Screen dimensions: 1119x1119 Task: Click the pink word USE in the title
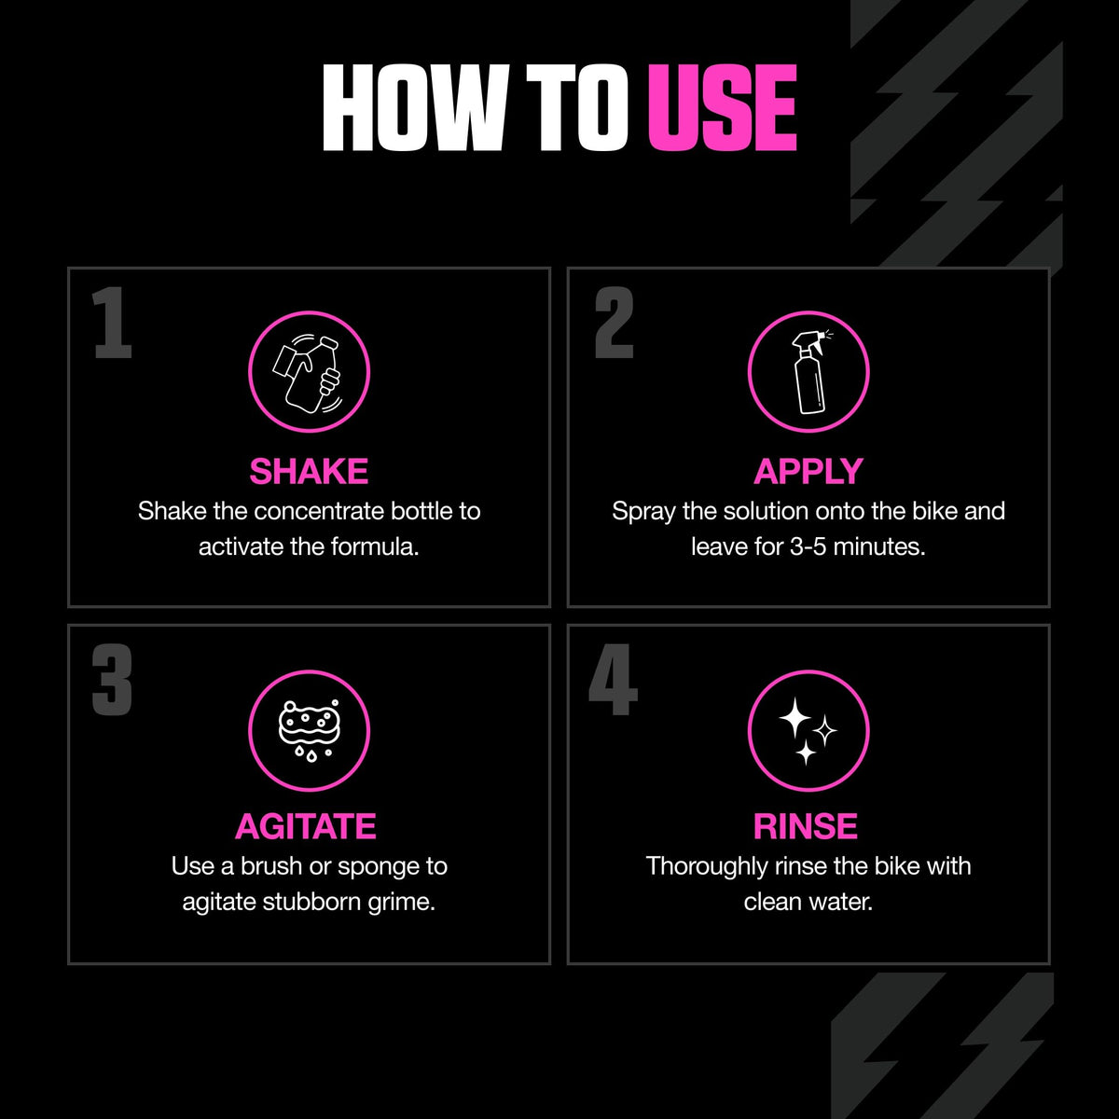tap(723, 107)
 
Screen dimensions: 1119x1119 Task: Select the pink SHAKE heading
tap(309, 471)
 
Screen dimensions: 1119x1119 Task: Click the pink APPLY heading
tap(808, 471)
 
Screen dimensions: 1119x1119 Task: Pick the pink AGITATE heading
tap(306, 826)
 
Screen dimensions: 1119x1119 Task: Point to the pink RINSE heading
tap(806, 826)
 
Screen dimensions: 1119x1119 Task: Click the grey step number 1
tap(112, 323)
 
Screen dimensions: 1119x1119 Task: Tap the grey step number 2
tap(614, 323)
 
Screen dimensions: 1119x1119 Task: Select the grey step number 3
tap(112, 680)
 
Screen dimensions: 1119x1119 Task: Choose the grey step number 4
tap(614, 680)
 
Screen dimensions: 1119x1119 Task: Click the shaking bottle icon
tap(308, 373)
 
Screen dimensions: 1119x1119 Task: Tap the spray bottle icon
tap(810, 372)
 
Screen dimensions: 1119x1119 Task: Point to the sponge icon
tap(310, 730)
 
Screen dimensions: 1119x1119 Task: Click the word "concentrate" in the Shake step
tap(319, 512)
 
